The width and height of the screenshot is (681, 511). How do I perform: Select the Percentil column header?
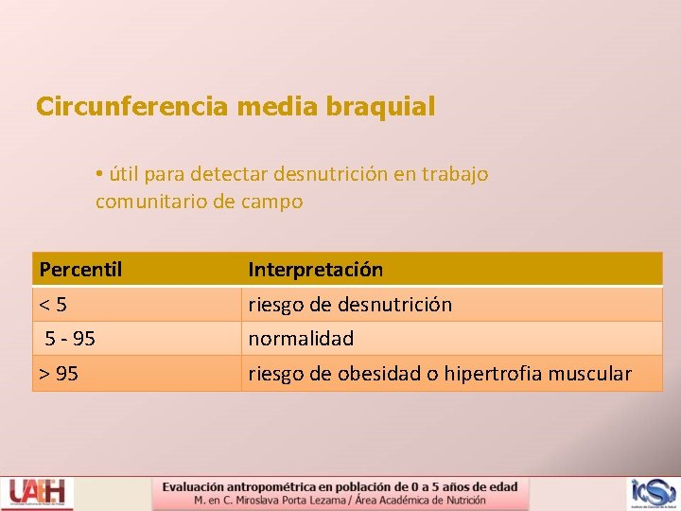(81, 270)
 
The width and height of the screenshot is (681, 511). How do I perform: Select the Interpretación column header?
(316, 270)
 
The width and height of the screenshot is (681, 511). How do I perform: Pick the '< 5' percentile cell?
(53, 305)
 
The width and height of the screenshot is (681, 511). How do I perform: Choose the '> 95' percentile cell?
(59, 374)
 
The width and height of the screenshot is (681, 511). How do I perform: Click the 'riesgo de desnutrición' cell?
(350, 305)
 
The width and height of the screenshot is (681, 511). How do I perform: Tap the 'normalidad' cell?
(301, 338)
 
